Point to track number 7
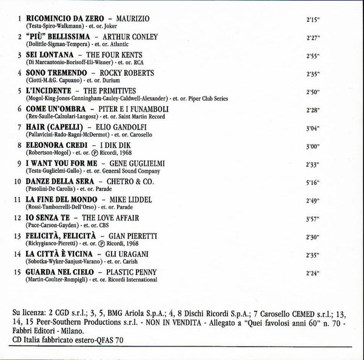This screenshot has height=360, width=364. (x=20, y=127)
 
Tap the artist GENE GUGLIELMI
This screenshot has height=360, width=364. (x=127, y=163)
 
